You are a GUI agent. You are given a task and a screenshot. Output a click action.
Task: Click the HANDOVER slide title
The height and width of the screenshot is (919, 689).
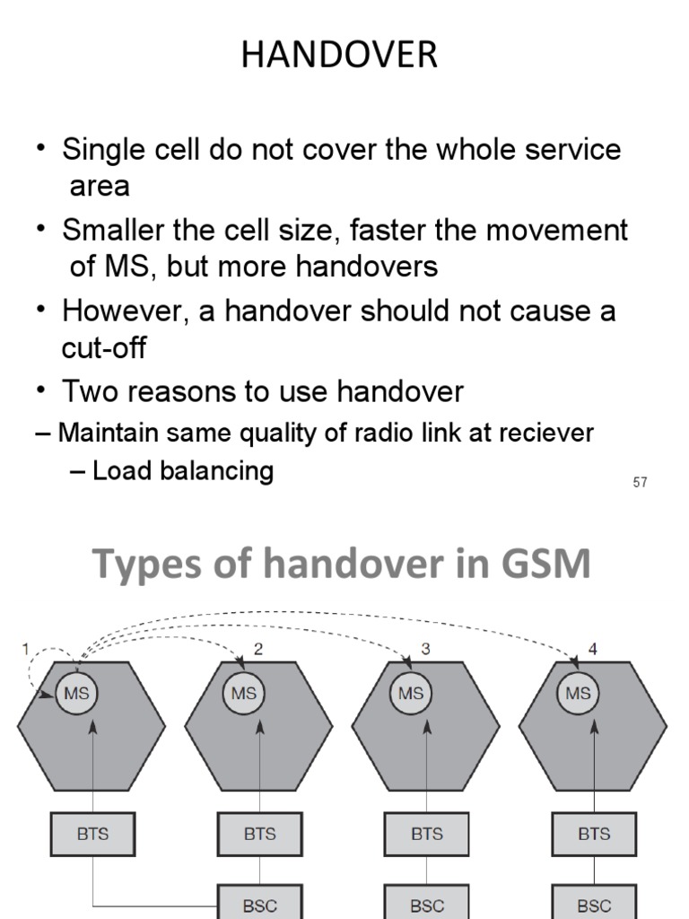pyautogui.click(x=339, y=56)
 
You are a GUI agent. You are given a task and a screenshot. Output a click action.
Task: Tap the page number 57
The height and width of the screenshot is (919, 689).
pyautogui.click(x=640, y=483)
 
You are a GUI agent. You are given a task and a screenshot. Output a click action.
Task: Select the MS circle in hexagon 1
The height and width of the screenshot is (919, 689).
pyautogui.click(x=77, y=693)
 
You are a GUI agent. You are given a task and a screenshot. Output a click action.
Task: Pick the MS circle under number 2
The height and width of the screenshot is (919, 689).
pyautogui.click(x=244, y=693)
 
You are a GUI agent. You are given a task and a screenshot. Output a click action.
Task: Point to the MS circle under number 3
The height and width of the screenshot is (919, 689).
pyautogui.click(x=411, y=693)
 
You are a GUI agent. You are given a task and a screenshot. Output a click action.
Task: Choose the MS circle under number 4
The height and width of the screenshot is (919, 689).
pyautogui.click(x=579, y=693)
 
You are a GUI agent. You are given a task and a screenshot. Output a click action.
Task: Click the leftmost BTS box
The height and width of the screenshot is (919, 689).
pyautogui.click(x=92, y=834)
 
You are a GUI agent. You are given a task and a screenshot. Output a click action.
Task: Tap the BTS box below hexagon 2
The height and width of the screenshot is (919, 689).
pyautogui.click(x=260, y=834)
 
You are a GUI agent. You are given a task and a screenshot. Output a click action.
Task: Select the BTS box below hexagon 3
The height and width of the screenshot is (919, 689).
pyautogui.click(x=427, y=834)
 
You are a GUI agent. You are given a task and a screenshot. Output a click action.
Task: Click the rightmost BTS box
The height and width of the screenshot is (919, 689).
pyautogui.click(x=594, y=834)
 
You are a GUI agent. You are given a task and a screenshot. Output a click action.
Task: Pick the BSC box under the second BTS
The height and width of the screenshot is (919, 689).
pyautogui.click(x=260, y=904)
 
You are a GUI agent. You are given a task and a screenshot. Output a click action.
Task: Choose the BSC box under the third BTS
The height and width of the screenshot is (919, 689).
pyautogui.click(x=427, y=904)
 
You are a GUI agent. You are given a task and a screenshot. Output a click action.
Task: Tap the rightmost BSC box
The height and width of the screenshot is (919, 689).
pyautogui.click(x=594, y=904)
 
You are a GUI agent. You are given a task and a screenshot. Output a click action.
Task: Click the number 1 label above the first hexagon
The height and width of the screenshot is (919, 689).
pyautogui.click(x=26, y=649)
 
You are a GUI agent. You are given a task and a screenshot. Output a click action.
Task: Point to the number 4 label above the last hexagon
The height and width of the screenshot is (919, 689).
pyautogui.click(x=592, y=649)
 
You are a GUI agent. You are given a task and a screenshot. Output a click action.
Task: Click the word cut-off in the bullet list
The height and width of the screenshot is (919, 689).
pyautogui.click(x=103, y=348)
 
